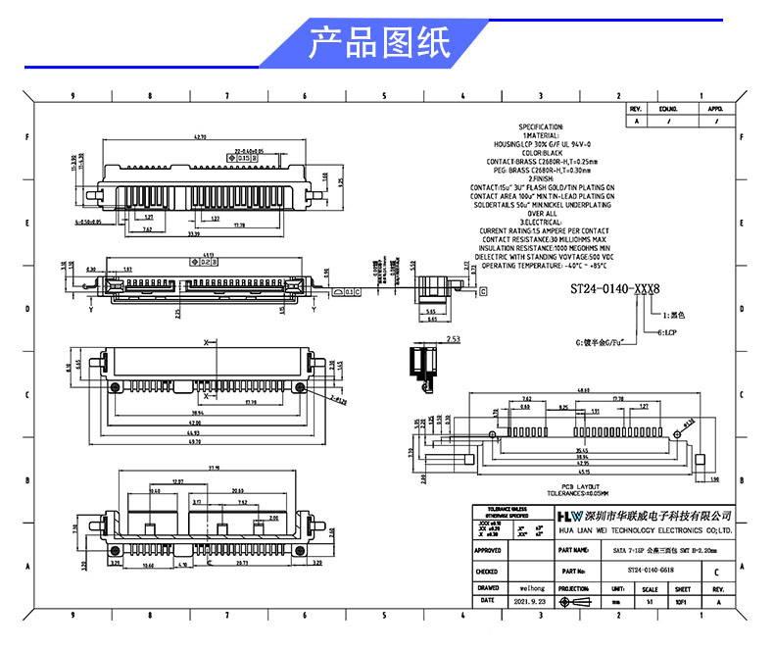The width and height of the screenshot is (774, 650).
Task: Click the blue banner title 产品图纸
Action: coord(379,44)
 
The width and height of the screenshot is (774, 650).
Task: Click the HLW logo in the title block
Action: coord(568,515)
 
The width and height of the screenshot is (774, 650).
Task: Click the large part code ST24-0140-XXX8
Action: coord(615,289)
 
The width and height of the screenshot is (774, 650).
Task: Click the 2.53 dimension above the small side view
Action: coord(426,339)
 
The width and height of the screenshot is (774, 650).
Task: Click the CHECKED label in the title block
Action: coord(487,570)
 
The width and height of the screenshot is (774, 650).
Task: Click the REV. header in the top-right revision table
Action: coord(635,108)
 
